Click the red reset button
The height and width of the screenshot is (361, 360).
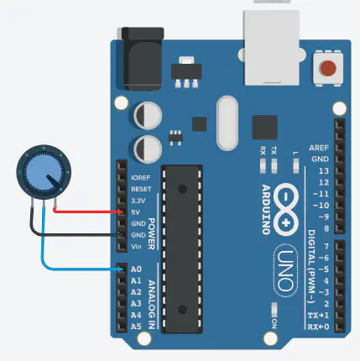(328, 68)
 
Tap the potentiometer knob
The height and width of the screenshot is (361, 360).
(44, 172)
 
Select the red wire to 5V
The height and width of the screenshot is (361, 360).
(87, 212)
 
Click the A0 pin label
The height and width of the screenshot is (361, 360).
(136, 269)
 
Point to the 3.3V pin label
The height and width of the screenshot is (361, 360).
(138, 201)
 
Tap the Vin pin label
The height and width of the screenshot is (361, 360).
(136, 247)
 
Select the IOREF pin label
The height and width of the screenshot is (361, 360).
(141, 178)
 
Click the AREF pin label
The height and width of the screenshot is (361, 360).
(319, 148)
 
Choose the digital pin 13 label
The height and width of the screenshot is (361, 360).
(324, 170)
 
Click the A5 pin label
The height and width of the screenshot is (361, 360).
(136, 327)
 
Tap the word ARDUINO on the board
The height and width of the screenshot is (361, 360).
(266, 209)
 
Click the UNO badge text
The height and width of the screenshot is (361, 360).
(284, 270)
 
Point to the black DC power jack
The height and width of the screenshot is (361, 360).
(143, 59)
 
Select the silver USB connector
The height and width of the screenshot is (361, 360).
(271, 48)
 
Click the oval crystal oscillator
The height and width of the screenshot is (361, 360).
(227, 123)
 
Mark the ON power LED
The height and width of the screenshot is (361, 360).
(274, 309)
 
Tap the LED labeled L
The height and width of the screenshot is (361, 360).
(295, 165)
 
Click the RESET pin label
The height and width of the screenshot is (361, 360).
(141, 189)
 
